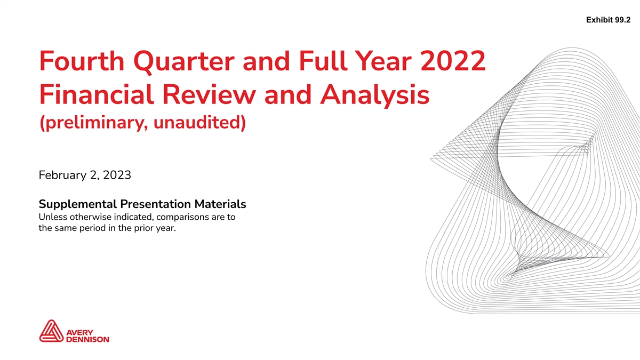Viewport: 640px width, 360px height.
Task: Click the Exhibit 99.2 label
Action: pyautogui.click(x=608, y=20)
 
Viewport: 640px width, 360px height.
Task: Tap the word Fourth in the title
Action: pyautogui.click(x=82, y=61)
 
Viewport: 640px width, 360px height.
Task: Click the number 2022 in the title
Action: pyautogui.click(x=453, y=61)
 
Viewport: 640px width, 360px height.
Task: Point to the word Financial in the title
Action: pyautogui.click(x=97, y=94)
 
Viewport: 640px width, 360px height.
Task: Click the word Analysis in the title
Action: pyautogui.click(x=374, y=96)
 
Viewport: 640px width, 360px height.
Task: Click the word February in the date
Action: pyautogui.click(x=62, y=175)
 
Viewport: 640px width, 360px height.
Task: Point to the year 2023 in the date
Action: pyautogui.click(x=117, y=175)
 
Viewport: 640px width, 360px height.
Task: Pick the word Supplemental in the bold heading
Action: pyautogui.click(x=78, y=205)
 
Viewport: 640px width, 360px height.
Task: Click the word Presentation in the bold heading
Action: pyautogui.click(x=155, y=204)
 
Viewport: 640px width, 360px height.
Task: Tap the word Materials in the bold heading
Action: pyautogui.click(x=220, y=204)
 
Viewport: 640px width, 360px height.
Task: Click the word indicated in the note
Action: pyautogui.click(x=134, y=217)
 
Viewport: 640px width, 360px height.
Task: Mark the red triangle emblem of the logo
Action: pyautogui.click(x=51, y=331)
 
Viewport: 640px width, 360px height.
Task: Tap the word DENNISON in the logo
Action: pyautogui.click(x=87, y=339)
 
